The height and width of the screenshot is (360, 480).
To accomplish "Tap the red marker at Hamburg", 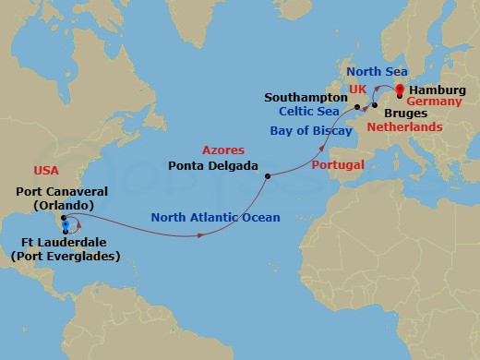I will (399, 90).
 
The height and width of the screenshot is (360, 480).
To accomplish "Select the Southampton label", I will (302, 96).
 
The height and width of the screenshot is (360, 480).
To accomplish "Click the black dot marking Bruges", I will (374, 105).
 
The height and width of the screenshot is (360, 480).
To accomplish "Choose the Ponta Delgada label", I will (213, 167).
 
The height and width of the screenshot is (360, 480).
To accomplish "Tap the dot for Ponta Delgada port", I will (267, 175).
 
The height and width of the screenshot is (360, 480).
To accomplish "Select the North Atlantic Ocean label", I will (215, 218).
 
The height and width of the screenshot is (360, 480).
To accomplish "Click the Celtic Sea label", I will (311, 112).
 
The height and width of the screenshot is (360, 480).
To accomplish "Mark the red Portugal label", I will (339, 164).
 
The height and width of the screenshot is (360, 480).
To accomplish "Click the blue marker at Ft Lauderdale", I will (65, 225).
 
